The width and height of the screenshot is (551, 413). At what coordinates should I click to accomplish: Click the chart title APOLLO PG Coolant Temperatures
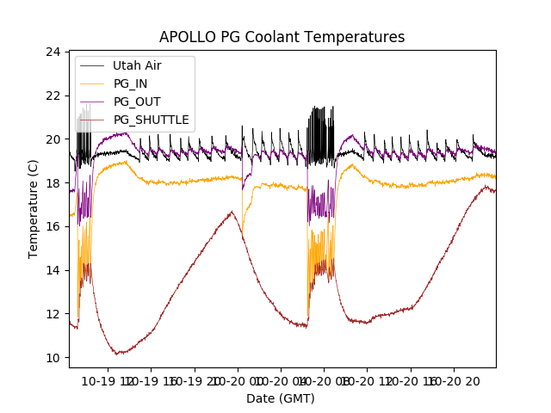point(282,37)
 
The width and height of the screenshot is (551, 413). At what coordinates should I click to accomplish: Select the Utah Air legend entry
point(137,65)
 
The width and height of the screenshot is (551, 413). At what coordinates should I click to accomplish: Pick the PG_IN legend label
point(130,83)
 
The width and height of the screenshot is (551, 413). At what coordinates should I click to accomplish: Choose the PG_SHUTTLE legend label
point(151,120)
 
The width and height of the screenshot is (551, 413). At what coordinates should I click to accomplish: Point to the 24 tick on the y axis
point(53,52)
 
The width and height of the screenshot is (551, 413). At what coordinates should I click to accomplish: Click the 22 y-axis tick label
point(53,96)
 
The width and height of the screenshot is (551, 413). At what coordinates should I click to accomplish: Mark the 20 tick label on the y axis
point(53,139)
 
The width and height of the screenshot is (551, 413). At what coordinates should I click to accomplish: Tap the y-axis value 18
point(53,183)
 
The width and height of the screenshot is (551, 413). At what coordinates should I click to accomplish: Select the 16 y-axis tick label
point(53,226)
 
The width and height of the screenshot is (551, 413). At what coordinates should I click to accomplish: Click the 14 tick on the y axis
point(53,270)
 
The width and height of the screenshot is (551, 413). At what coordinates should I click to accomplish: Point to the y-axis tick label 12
point(53,314)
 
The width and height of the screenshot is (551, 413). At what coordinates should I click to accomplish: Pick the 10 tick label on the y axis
point(53,358)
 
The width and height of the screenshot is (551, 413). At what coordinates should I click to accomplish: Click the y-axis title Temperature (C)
point(34,209)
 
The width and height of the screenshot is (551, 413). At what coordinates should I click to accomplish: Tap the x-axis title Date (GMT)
point(281,398)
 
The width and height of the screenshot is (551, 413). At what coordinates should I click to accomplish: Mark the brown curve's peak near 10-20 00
point(231,212)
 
